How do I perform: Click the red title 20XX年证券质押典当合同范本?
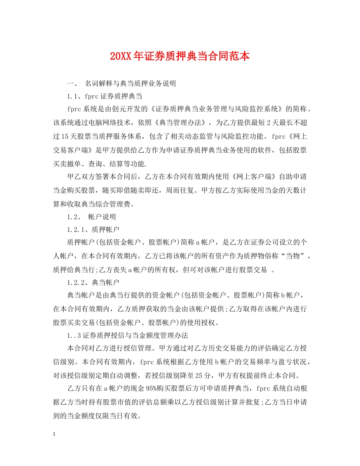(x=180, y=56)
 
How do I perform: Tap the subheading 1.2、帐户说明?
(x=91, y=217)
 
